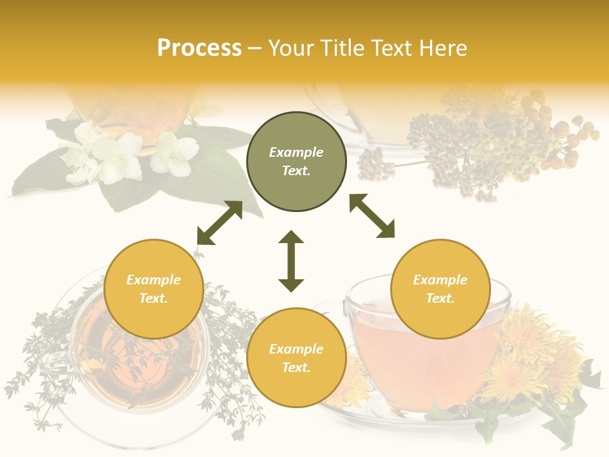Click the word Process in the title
click(199, 48)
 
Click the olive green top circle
click(296, 162)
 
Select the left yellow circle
click(154, 289)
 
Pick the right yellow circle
click(440, 289)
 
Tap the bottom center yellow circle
click(296, 358)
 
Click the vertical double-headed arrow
click(291, 261)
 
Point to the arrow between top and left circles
click(219, 223)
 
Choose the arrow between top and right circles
click(372, 216)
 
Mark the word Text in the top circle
click(296, 171)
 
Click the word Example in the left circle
click(154, 280)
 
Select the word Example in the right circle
click(440, 280)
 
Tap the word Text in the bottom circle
click(296, 368)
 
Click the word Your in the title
click(289, 48)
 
